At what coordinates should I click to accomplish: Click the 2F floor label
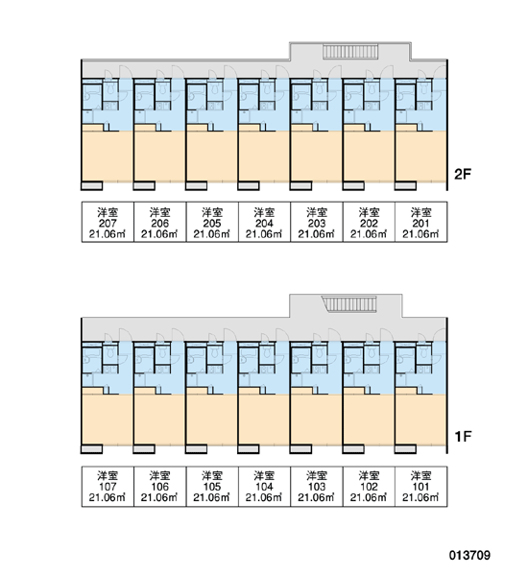pyautogui.click(x=463, y=174)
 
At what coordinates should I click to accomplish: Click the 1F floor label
pyautogui.click(x=463, y=437)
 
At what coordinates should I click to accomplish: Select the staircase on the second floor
pyautogui.click(x=350, y=52)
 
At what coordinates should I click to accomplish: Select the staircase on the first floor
pyautogui.click(x=349, y=304)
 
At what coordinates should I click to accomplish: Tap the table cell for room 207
pyautogui.click(x=108, y=222)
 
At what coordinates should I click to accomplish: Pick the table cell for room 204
pyautogui.click(x=264, y=222)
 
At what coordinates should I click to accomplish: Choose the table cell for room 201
pyautogui.click(x=421, y=222)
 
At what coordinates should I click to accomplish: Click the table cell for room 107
pyautogui.click(x=108, y=487)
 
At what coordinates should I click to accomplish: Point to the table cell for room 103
pyautogui.click(x=317, y=487)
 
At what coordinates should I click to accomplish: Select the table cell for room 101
pyautogui.click(x=421, y=487)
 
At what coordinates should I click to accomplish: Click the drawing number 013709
pyautogui.click(x=469, y=555)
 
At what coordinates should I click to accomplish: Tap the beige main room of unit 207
pyautogui.click(x=108, y=156)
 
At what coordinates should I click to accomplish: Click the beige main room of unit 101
pyautogui.click(x=421, y=420)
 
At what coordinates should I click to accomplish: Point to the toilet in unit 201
pyautogui.click(x=424, y=88)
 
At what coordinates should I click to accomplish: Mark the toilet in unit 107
pyautogui.click(x=110, y=352)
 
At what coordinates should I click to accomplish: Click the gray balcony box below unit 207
pyautogui.click(x=92, y=185)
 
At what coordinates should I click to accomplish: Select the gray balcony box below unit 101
pyautogui.click(x=406, y=449)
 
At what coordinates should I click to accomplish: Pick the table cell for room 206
pyautogui.click(x=159, y=222)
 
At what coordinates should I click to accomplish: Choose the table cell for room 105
pyautogui.click(x=212, y=487)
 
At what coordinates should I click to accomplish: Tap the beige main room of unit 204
pyautogui.click(x=264, y=156)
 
